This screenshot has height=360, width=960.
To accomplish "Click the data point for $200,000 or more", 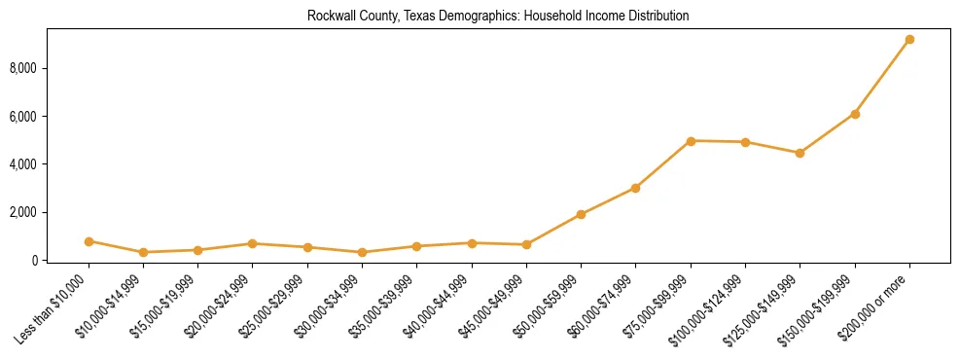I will click(x=909, y=40).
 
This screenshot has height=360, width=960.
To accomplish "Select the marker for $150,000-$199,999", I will click(x=855, y=114).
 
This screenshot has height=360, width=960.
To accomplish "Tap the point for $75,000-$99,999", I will click(x=691, y=141).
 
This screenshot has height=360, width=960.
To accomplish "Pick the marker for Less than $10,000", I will click(x=89, y=241).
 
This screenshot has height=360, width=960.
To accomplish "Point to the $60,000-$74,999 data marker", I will click(x=635, y=188).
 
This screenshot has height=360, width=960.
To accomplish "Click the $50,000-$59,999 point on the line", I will click(x=581, y=214).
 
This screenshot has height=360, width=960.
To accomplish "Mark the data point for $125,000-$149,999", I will click(x=800, y=153).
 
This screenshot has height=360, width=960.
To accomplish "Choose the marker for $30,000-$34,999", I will click(x=362, y=252).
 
